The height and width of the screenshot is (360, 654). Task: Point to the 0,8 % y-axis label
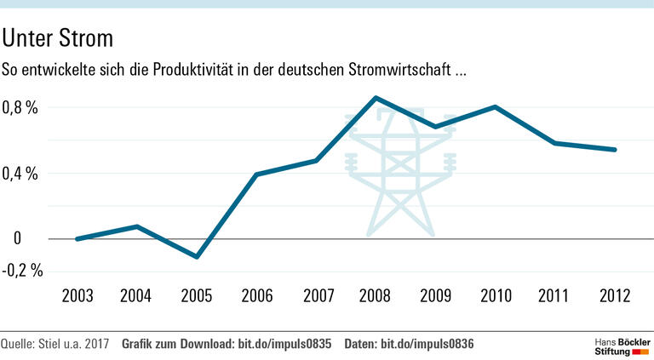[21, 108]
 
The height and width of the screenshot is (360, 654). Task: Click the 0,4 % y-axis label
[21, 174]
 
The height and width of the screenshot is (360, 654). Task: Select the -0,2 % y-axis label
[21, 271]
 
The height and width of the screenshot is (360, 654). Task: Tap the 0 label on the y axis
[17, 239]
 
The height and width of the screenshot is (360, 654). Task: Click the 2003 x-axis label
[77, 296]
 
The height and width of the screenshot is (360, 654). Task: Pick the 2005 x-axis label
[197, 296]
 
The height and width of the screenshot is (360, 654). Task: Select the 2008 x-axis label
[376, 296]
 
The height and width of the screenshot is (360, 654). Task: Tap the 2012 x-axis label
[614, 296]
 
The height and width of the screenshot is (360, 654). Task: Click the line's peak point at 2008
[376, 98]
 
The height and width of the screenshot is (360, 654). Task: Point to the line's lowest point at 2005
[197, 256]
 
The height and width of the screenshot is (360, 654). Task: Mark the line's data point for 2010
[495, 106]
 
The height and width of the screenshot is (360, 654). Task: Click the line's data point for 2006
[256, 174]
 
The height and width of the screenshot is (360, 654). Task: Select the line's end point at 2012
[614, 150]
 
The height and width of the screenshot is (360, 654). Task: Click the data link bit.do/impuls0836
[427, 344]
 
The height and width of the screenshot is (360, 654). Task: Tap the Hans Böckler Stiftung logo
[621, 345]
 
